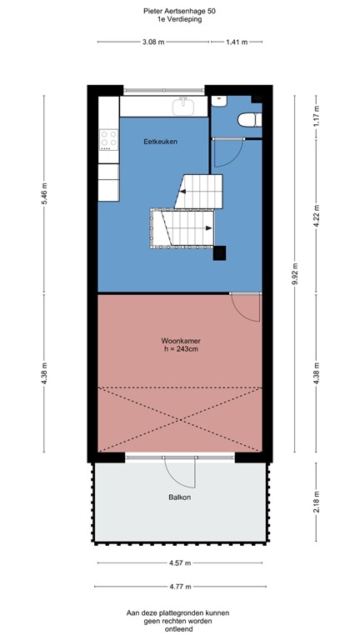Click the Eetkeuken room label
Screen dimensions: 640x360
161,142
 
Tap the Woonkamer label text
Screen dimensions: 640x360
179,341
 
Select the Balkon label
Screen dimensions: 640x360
179,497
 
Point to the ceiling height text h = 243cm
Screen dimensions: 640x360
179,350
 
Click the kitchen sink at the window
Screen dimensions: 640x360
184,106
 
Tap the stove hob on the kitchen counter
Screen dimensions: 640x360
108,139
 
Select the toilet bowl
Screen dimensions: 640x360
247,120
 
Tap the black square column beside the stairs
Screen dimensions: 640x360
220,253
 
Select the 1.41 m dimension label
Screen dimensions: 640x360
237,41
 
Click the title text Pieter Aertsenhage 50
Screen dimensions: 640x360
179,11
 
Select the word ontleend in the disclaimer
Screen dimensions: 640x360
180,629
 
